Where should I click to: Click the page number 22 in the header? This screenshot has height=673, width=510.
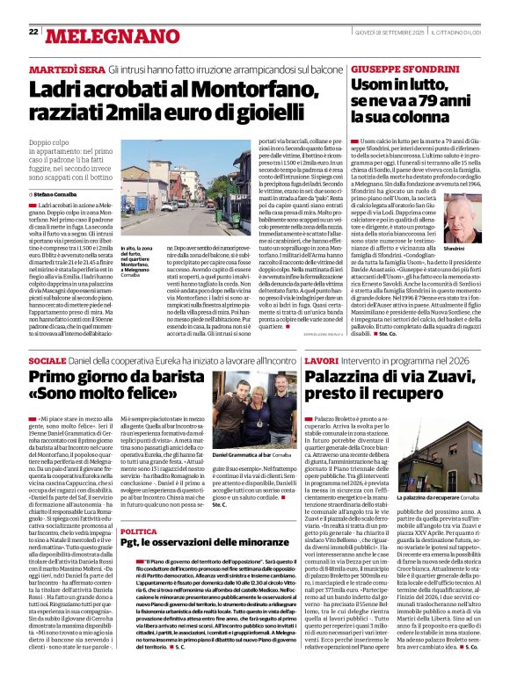(x=33, y=32)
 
